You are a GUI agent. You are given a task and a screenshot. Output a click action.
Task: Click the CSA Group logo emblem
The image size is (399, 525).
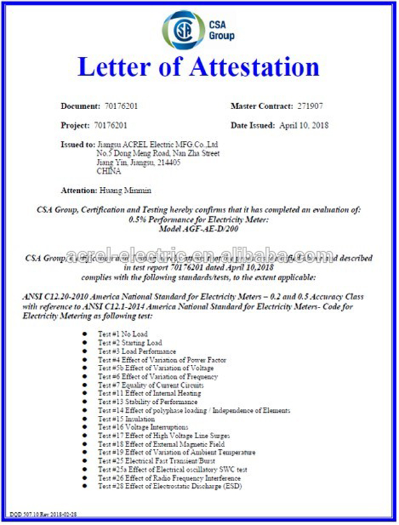[184, 29]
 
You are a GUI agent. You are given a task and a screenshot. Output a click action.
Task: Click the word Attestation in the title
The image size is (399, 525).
[253, 67]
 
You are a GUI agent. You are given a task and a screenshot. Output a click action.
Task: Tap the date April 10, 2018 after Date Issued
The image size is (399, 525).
[304, 126]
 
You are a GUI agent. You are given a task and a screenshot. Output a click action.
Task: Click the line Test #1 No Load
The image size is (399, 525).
[122, 334]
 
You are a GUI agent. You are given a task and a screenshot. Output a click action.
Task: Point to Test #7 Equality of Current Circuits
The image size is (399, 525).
[151, 385]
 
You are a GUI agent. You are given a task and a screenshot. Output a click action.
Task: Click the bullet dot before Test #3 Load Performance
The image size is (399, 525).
[86, 351]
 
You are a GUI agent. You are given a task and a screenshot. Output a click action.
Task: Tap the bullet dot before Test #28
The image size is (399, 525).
[86, 487]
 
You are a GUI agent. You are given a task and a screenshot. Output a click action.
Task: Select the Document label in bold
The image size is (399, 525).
[80, 105]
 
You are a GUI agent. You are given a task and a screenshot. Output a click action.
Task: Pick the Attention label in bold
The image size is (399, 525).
[79, 190]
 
